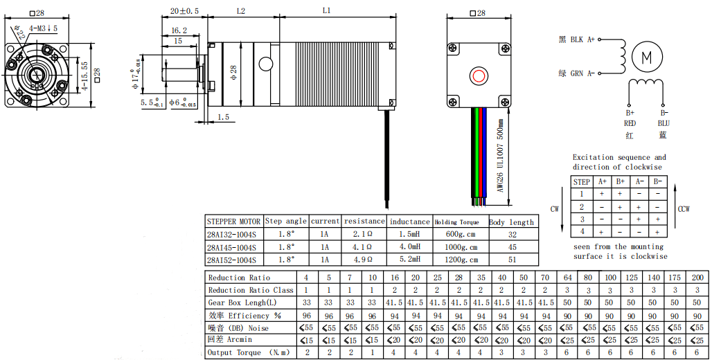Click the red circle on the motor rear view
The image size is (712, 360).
pyautogui.click(x=479, y=76)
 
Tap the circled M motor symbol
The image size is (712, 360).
pyautogui.click(x=647, y=57)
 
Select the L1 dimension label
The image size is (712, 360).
pyautogui.click(x=326, y=10)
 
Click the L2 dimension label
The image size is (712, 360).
pyautogui.click(x=241, y=11)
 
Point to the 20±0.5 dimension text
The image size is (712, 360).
pyautogui.click(x=184, y=11)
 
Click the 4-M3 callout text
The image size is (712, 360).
pyautogui.click(x=43, y=28)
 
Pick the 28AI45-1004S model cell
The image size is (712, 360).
pyautogui.click(x=231, y=247)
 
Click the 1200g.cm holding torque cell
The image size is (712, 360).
pyautogui.click(x=461, y=260)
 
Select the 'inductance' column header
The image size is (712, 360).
pyautogui.click(x=409, y=222)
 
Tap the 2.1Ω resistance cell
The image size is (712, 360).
pyautogui.click(x=363, y=234)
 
